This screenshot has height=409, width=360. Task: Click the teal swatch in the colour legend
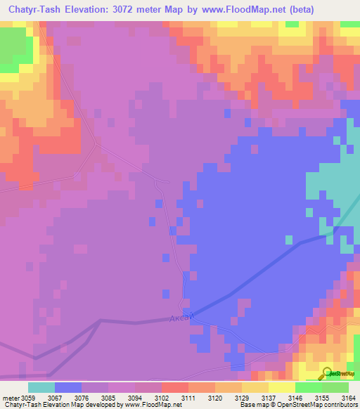coord(41,387)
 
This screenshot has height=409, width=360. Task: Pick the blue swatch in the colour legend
coord(68,387)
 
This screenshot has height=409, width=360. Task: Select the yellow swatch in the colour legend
coord(282,387)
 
